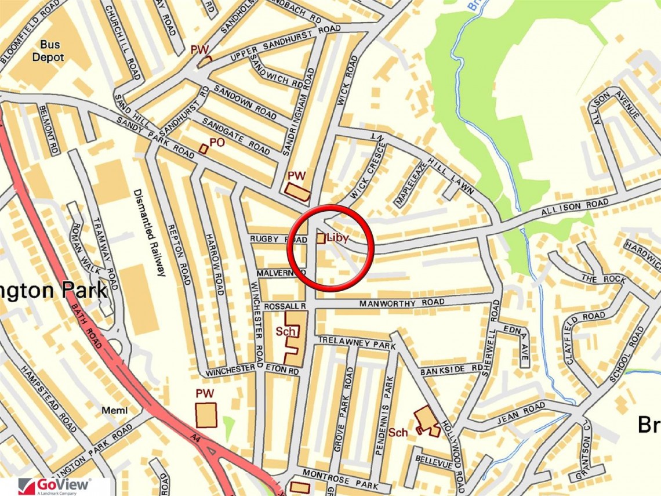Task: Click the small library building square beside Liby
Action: coord(320,238)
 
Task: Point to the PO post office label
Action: coord(217,142)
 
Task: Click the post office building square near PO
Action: coord(203,149)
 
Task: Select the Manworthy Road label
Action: coord(402,302)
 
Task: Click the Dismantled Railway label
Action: coord(150,232)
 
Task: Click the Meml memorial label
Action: coord(114,411)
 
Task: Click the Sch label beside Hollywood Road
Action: coord(398,432)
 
